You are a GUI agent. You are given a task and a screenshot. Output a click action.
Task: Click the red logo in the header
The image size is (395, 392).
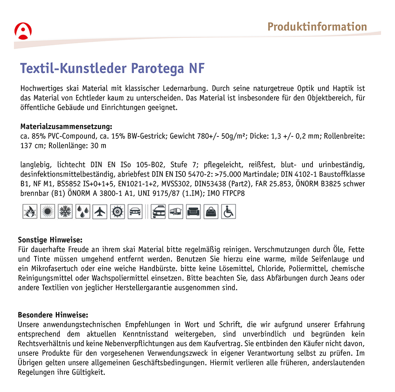tap(23, 31)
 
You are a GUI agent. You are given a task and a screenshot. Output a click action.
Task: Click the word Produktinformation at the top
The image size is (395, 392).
tap(317, 27)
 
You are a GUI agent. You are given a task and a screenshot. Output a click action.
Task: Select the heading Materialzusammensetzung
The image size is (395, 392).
tap(66, 127)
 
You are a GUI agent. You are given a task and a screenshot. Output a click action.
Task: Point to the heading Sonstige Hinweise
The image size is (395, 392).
tap(50, 240)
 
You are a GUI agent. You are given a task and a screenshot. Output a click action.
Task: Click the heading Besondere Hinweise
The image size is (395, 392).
tap(53, 315)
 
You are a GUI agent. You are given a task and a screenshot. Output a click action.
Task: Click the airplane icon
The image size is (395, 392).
tap(100, 211)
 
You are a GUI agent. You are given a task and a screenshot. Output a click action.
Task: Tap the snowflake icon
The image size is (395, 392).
tap(65, 211)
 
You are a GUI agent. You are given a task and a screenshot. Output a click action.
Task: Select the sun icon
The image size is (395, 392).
tap(48, 211)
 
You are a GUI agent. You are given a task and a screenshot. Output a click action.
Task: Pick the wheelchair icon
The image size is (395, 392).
tap(228, 211)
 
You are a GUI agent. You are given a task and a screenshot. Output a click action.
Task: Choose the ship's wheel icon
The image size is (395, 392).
tap(118, 211)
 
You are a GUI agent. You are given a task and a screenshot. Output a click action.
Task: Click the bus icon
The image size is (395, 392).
tap(175, 211)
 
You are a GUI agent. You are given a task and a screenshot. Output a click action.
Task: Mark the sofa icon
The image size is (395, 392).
tap(193, 211)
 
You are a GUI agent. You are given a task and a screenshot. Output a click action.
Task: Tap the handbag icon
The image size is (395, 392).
tap(211, 211)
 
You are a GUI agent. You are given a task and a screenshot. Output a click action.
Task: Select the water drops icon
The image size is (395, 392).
tap(83, 211)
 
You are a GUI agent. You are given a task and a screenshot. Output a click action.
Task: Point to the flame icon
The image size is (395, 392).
tap(30, 211)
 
